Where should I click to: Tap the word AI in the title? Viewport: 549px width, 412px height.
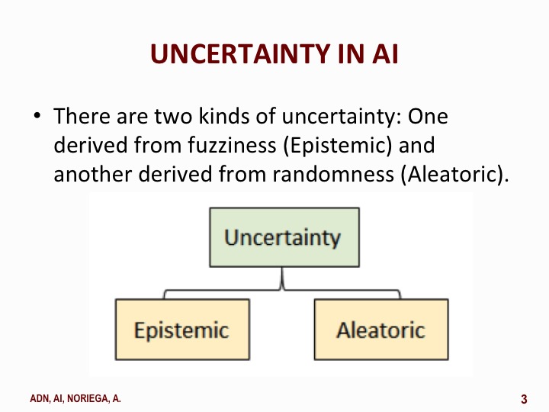click(x=382, y=54)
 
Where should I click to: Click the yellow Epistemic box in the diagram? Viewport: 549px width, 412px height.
click(x=181, y=330)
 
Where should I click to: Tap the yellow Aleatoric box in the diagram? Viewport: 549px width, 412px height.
click(x=380, y=330)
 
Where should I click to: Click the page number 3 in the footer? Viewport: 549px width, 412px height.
click(x=524, y=398)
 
